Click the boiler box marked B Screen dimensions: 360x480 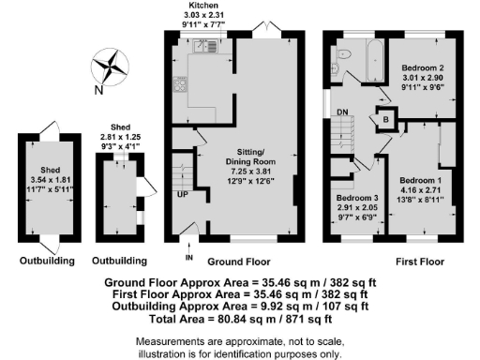click(x=385, y=119)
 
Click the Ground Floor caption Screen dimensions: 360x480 click(x=233, y=260)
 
